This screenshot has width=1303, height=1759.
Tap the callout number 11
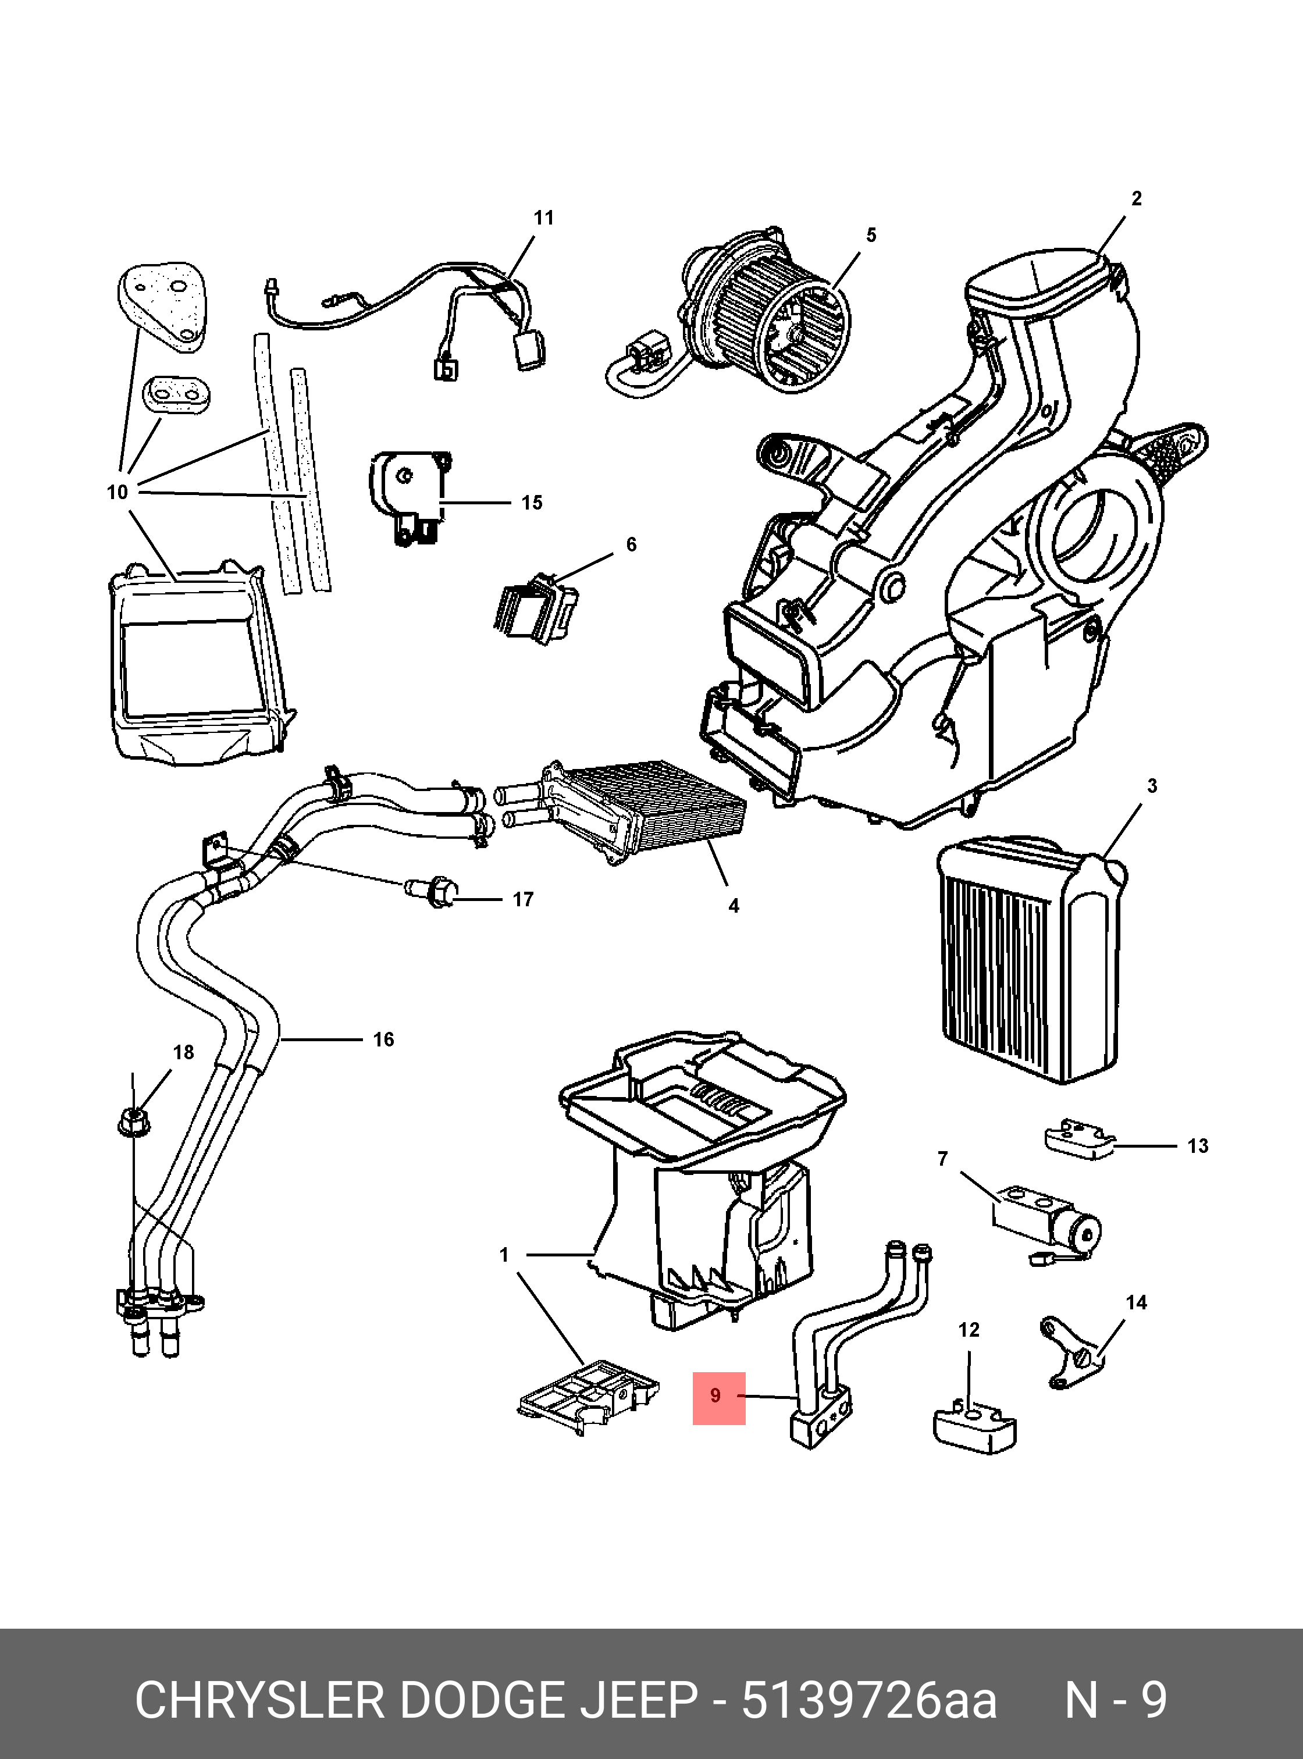pyautogui.click(x=543, y=218)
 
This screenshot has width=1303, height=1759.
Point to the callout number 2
pyautogui.click(x=1136, y=199)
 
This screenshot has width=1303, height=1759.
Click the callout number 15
pyautogui.click(x=532, y=503)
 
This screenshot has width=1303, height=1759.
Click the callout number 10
pyautogui.click(x=117, y=492)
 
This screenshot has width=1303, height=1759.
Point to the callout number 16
pyautogui.click(x=383, y=1039)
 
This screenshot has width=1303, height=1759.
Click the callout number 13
pyautogui.click(x=1197, y=1146)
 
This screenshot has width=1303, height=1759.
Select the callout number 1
pyautogui.click(x=504, y=1254)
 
